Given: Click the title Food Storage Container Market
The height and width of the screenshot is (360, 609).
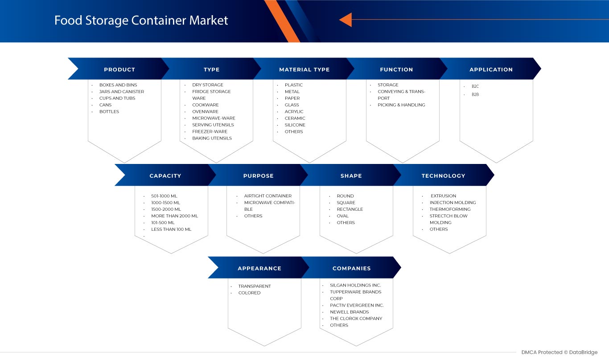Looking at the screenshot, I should coord(141,20).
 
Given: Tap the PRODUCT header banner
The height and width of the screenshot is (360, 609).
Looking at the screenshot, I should coord(119,70).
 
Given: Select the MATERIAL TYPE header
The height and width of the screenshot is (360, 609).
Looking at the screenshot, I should coord(304,70).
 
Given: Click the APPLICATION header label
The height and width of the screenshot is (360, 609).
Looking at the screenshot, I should coord(491,70).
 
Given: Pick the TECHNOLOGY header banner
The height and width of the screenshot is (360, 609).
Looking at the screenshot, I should coord(443,176).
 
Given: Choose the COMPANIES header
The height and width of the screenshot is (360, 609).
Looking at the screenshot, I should coord(351,268).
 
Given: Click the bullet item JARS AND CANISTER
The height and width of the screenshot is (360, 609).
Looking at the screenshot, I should coord(121,92).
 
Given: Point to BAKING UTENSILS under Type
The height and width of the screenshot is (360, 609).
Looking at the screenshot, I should coord(212,139).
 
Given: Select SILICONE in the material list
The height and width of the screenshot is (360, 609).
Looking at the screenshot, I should coord(295,125).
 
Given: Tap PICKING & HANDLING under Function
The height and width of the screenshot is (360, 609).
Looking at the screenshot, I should coord(401,105).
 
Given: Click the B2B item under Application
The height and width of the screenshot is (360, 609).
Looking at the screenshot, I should coord(475,94).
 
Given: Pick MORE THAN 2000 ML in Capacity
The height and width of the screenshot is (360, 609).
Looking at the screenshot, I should coord(174,216).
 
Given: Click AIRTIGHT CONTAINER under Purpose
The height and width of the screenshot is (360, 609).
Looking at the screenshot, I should coord(267,196).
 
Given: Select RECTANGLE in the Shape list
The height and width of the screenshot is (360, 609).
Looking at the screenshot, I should coord(350,209).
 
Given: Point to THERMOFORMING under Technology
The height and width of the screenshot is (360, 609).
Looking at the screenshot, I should coord(450,209).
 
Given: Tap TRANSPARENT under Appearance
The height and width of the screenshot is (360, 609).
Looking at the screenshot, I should coord(254,286).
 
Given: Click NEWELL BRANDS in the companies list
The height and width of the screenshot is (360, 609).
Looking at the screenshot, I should coord(349,312).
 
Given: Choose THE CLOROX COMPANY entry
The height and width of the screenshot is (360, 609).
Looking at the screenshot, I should coord(356,319).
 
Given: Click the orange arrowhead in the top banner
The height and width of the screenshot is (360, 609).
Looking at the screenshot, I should coord(346,20).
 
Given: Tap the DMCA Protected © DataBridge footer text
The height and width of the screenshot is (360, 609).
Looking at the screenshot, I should coord(559,352).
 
